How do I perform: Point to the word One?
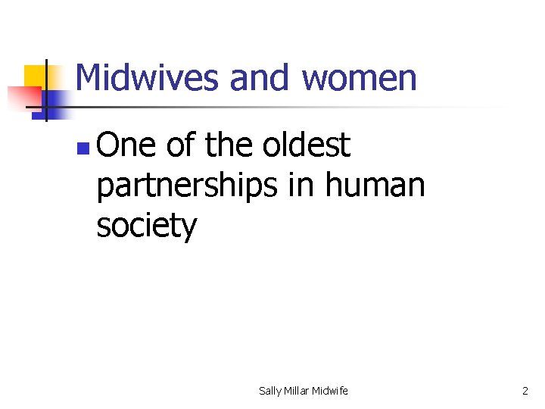(x=126, y=145)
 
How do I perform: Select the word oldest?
(x=307, y=145)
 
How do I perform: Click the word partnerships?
(x=188, y=186)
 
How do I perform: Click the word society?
(x=146, y=226)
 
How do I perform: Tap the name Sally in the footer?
(x=269, y=391)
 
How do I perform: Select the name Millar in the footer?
(x=300, y=391)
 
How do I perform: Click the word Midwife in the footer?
(x=332, y=391)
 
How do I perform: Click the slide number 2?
(x=525, y=391)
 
